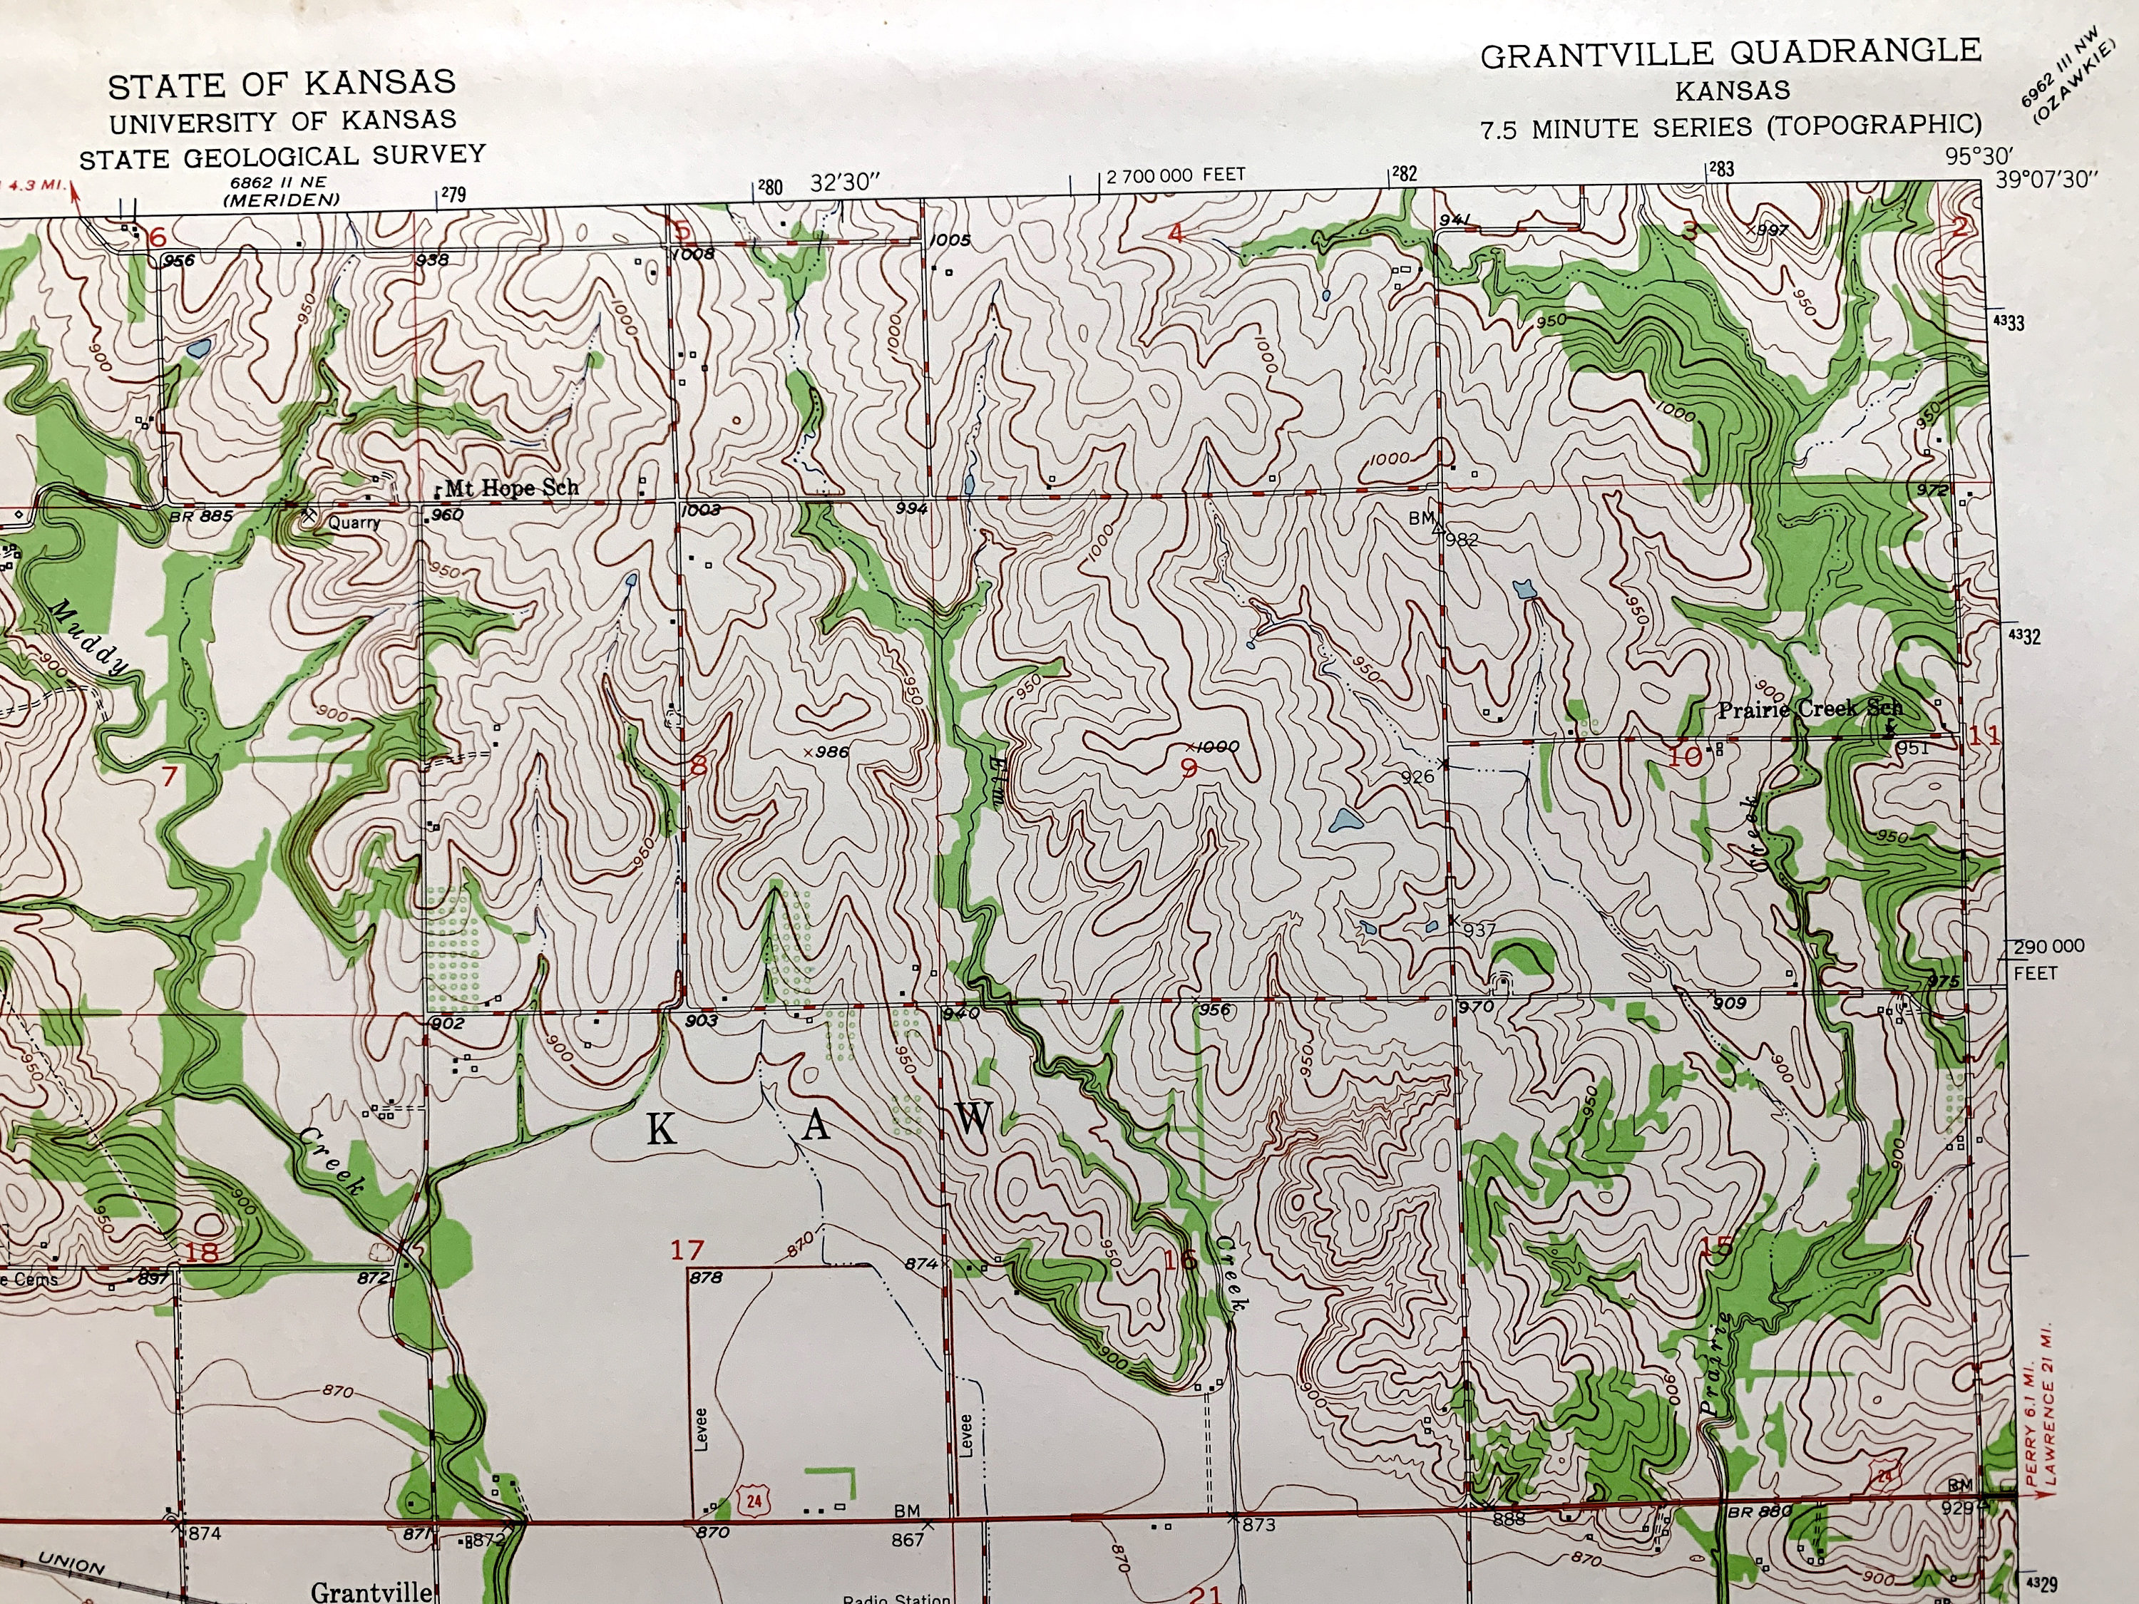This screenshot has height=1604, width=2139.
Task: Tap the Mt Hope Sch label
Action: pos(511,488)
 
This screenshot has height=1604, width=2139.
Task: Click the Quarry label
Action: pos(353,523)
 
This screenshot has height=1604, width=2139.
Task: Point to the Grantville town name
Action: pos(370,1590)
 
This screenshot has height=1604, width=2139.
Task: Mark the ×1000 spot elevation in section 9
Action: pos(1211,746)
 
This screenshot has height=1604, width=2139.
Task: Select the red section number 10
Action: pos(1685,757)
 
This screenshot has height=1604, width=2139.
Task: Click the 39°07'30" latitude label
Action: pos(2046,180)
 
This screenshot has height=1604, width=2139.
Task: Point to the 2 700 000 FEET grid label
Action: pos(1175,176)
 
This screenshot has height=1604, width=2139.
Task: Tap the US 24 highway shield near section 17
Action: pos(754,1501)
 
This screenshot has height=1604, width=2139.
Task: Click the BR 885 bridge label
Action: pos(200,516)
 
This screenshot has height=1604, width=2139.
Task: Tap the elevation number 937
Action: pos(1479,930)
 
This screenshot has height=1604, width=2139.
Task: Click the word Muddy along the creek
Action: pos(89,637)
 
